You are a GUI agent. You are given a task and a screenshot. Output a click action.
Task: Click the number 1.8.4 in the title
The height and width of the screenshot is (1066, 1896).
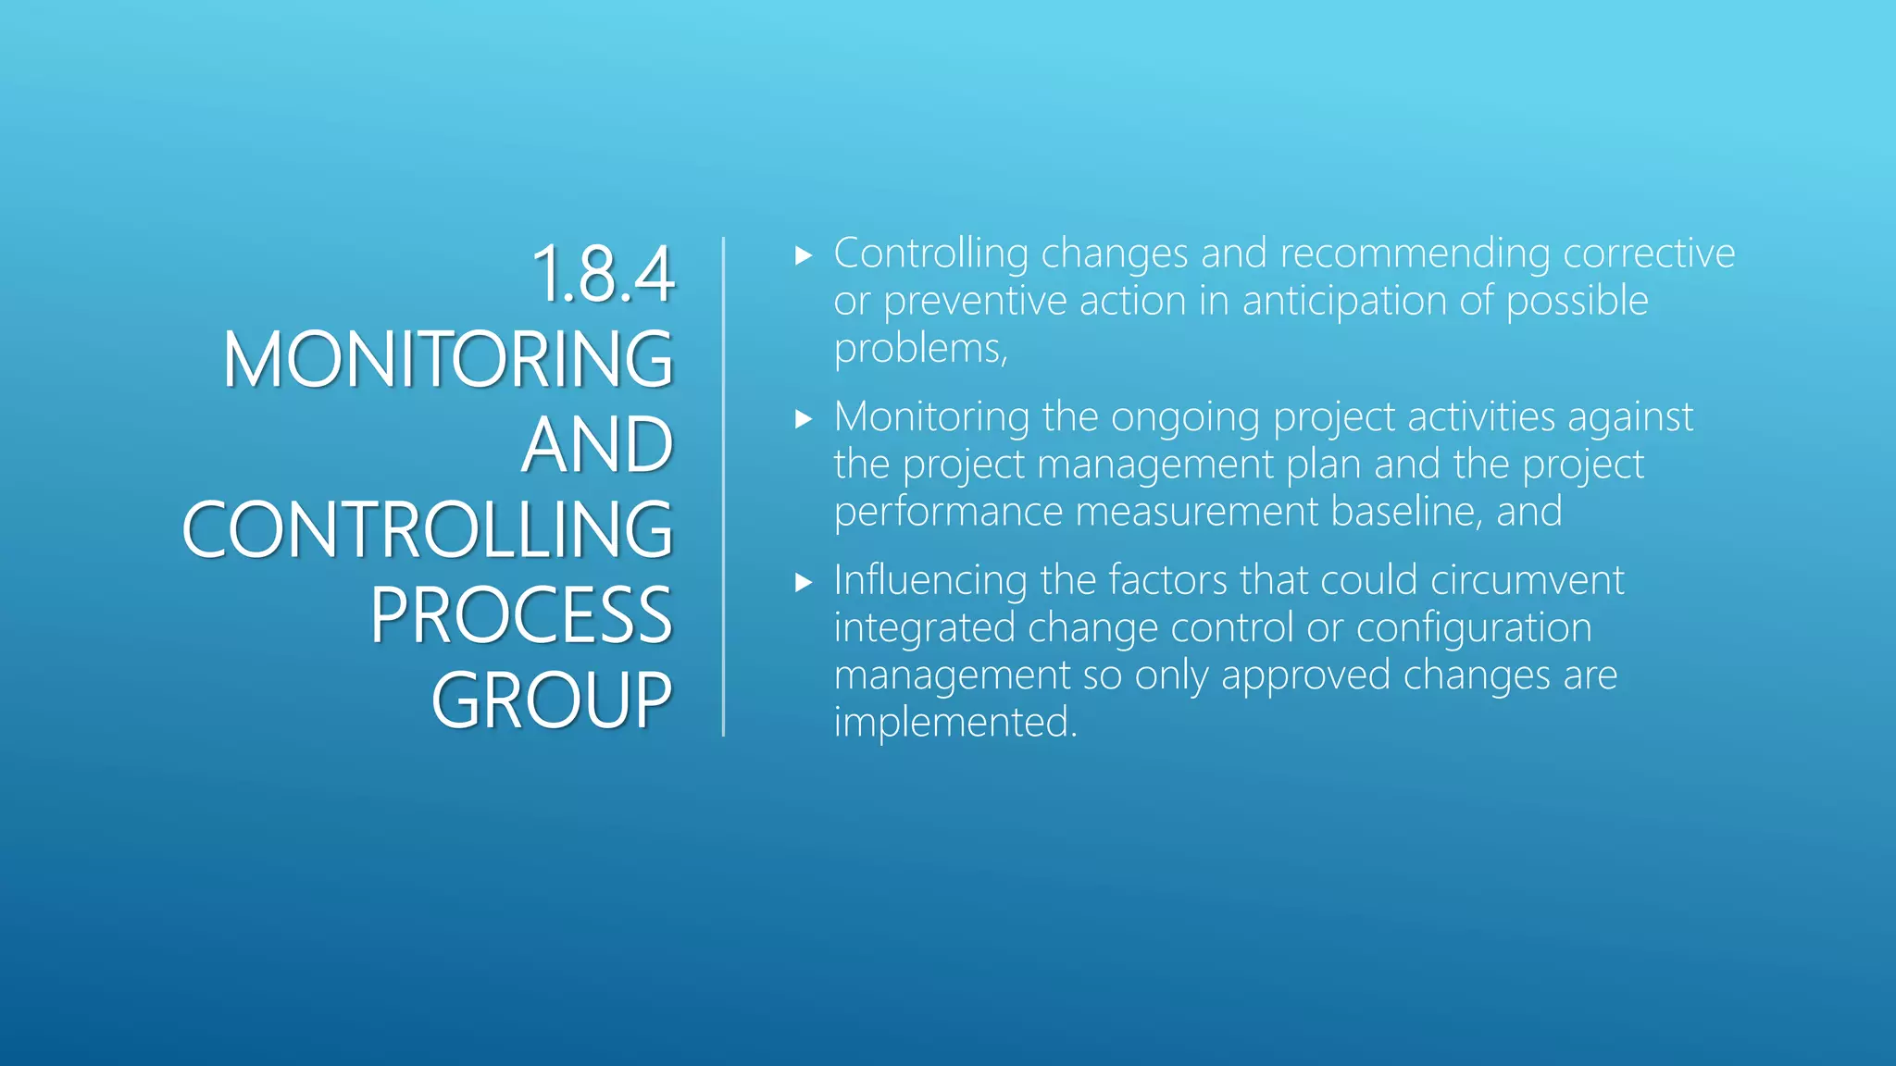click(604, 274)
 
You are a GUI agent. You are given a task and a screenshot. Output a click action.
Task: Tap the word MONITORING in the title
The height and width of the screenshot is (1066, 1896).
click(448, 359)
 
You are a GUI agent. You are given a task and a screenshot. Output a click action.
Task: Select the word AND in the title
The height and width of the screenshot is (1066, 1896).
click(597, 445)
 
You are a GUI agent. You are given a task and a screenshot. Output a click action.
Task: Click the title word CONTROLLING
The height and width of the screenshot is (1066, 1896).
click(428, 530)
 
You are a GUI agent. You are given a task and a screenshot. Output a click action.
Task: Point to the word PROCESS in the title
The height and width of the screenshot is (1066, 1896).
click(521, 615)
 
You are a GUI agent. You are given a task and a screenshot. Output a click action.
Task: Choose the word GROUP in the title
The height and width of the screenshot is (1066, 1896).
click(552, 700)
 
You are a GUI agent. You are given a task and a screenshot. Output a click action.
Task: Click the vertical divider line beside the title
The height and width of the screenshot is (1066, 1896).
click(723, 487)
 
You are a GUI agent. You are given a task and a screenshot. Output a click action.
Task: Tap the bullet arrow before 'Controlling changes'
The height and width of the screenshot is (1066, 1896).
click(803, 255)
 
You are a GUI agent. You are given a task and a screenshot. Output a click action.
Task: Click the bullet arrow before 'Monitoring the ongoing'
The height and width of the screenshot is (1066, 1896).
click(803, 419)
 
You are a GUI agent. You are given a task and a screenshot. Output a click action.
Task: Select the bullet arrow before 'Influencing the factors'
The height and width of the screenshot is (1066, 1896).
click(803, 582)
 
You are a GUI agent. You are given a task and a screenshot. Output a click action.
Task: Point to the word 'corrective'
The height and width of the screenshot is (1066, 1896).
click(1649, 254)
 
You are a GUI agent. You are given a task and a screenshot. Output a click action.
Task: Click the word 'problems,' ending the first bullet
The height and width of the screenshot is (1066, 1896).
click(920, 349)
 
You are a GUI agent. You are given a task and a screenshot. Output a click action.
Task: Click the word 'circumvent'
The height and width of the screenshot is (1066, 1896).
click(1527, 580)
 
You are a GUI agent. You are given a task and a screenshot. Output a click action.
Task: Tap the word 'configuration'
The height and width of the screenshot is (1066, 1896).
click(1474, 628)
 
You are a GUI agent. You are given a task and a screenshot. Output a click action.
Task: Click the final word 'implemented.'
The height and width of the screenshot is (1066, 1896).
click(955, 723)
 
